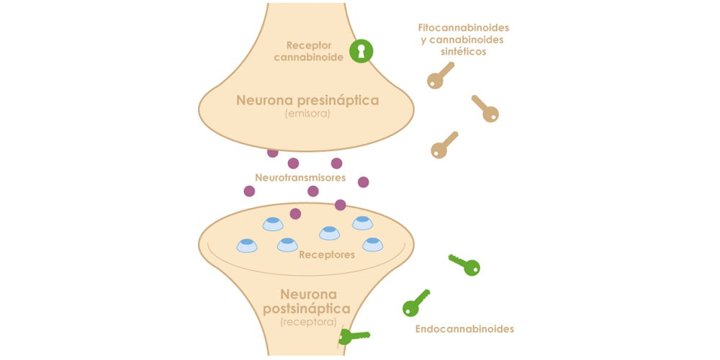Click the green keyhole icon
(361, 51)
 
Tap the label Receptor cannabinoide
(307, 51)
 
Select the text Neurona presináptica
(307, 100)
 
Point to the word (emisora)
(307, 114)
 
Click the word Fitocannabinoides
(468, 27)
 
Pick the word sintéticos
(464, 52)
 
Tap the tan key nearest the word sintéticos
(440, 75)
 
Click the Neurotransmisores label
(300, 177)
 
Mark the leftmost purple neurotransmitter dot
(249, 191)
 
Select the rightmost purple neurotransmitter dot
(364, 182)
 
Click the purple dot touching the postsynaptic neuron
(295, 214)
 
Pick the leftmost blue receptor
(247, 246)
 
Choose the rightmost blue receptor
(372, 244)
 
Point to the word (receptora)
(307, 323)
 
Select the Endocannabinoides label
(464, 329)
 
